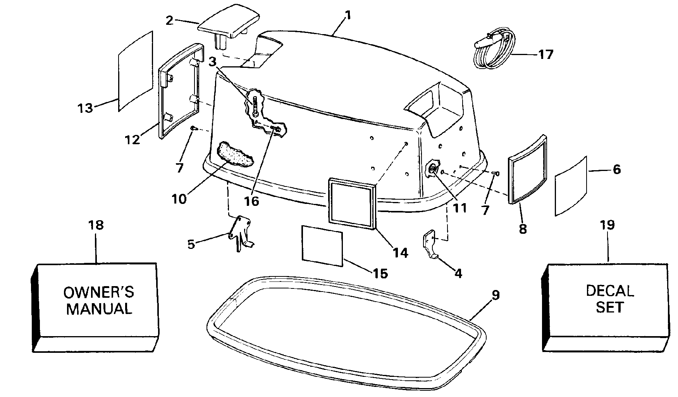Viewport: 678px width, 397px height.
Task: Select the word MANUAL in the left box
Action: pyautogui.click(x=99, y=309)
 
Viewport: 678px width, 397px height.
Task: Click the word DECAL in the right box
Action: pyautogui.click(x=610, y=290)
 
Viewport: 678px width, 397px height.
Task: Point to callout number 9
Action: pyautogui.click(x=496, y=295)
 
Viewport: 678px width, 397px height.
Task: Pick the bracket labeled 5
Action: pyautogui.click(x=240, y=234)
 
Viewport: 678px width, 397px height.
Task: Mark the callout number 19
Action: pyautogui.click(x=607, y=225)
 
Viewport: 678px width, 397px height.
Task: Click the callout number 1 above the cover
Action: pyautogui.click(x=348, y=16)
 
